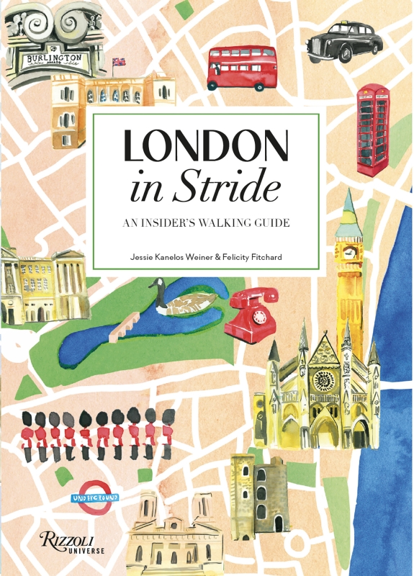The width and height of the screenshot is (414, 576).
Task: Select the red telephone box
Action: tap(372, 130)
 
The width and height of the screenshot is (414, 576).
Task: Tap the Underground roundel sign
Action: tap(94, 498)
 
